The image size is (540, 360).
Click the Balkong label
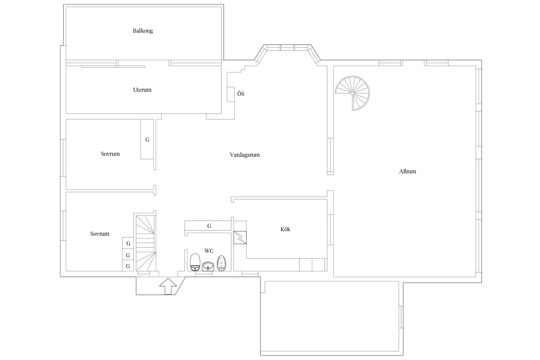[143, 31]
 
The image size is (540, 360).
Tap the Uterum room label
[142, 90]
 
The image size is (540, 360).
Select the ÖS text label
[241, 94]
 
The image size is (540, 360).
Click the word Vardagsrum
[244, 155]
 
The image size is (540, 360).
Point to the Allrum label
[407, 171]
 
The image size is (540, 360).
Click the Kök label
[285, 229]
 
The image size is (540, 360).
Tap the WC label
[209, 251]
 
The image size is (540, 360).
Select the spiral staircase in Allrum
[352, 93]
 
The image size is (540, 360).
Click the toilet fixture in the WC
[195, 262]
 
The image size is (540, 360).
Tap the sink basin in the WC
[208, 266]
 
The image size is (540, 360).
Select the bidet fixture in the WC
[222, 263]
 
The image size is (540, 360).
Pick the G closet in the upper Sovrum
[147, 140]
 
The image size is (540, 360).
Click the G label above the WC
[209, 226]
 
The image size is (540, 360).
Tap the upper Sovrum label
[110, 154]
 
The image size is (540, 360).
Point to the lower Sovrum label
[99, 234]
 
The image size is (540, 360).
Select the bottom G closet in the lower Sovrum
[128, 266]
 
